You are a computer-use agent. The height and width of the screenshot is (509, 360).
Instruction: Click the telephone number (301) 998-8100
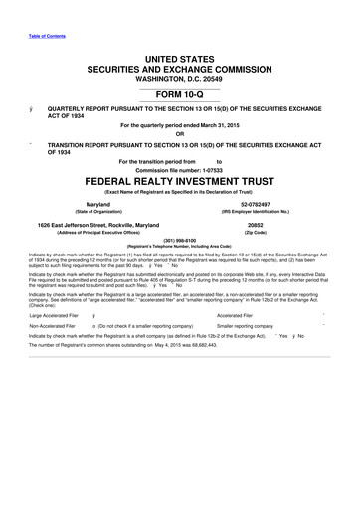click(x=180, y=239)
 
